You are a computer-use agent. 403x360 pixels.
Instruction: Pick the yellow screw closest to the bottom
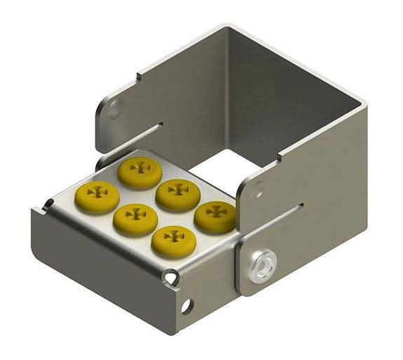coord(173,240)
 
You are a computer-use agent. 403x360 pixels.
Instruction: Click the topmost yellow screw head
coord(139,170)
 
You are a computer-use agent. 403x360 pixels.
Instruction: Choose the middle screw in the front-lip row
coord(135,217)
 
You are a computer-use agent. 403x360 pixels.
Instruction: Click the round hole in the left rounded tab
coord(114,108)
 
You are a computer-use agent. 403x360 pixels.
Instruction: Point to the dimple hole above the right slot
coord(258,188)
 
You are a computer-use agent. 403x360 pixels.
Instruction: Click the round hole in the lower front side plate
coord(187,306)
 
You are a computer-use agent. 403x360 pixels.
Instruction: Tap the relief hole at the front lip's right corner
coord(170,279)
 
